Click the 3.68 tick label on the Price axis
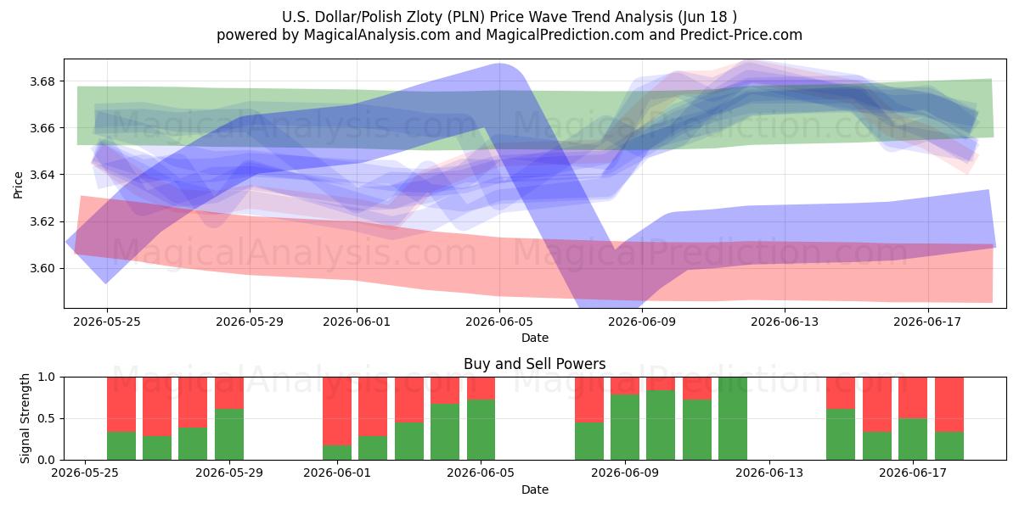42,81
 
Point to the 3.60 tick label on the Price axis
42,269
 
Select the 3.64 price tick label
42,175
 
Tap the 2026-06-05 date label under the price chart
499,322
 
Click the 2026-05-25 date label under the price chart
107,322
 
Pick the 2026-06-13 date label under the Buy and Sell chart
769,473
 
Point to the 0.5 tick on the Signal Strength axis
48,418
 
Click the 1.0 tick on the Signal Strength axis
48,378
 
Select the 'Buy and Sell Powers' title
534,364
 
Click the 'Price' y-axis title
18,186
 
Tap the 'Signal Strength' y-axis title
25,418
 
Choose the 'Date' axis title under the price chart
534,338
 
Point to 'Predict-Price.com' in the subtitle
740,35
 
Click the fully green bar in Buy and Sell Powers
732,418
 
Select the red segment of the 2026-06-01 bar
337,411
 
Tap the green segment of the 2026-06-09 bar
625,428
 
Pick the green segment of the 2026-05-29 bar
229,434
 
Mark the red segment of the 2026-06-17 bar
913,398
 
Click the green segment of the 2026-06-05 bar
481,430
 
